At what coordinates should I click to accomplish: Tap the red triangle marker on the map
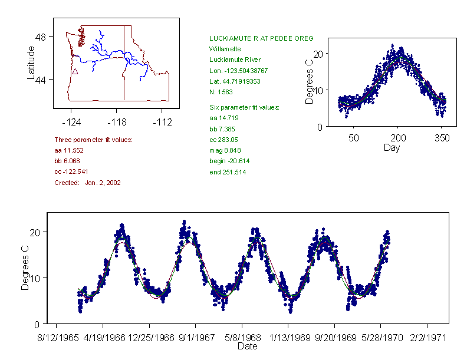[75, 71]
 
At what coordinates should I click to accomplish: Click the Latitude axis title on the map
[31, 62]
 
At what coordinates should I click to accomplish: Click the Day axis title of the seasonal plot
[391, 147]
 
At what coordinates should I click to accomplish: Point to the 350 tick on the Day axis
[442, 138]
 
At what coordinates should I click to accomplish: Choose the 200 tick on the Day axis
[398, 138]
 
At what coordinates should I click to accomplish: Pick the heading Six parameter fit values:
[244, 107]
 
